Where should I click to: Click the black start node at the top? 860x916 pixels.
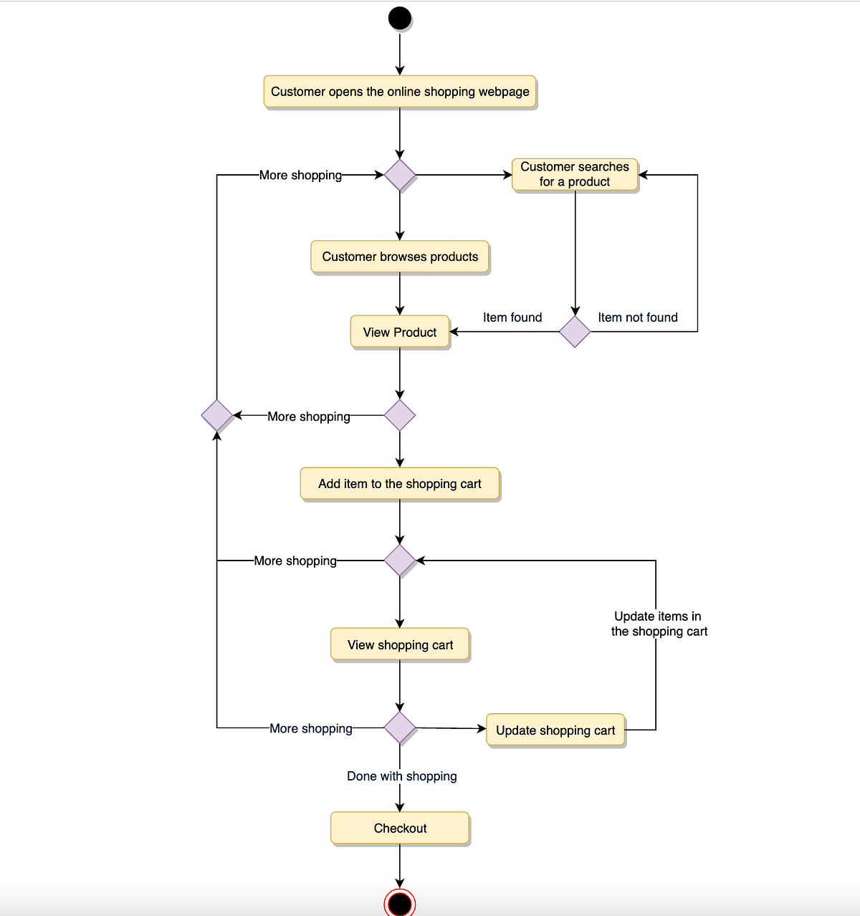400,18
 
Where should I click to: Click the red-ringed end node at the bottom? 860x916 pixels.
400,903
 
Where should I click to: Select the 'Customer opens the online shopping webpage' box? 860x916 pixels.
400,92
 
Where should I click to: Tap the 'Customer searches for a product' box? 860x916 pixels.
575,174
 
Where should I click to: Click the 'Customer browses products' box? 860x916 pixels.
400,257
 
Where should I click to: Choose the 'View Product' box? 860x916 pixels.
400,332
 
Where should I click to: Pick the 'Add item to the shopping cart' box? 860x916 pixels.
400,484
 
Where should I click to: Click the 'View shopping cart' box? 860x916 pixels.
400,644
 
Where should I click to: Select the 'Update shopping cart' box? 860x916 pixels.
555,730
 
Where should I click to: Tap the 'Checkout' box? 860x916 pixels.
400,828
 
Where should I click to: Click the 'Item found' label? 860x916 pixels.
512,318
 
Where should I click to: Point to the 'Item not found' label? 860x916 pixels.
638,318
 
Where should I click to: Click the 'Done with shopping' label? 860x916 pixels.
401,776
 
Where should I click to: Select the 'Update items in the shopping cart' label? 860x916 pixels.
659,624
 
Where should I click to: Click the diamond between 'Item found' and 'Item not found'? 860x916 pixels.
575,332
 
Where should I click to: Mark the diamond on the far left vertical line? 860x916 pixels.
217,415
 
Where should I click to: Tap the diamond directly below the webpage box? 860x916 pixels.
400,174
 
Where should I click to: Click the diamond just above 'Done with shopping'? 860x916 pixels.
400,728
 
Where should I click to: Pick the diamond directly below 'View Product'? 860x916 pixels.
400,415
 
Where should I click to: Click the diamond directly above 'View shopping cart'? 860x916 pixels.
400,560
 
